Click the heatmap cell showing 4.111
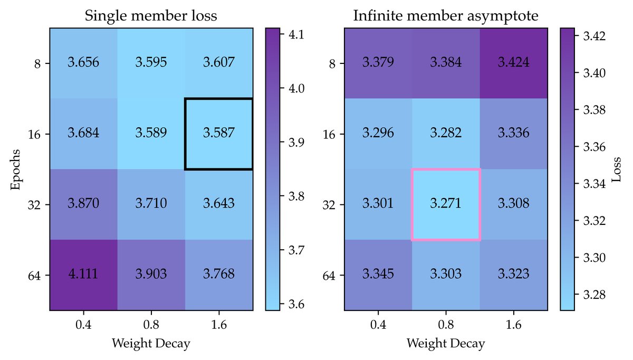(x=83, y=274)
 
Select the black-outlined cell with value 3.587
(x=219, y=134)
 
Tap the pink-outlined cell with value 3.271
(x=446, y=204)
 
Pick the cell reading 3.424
(x=514, y=63)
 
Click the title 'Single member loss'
(x=151, y=16)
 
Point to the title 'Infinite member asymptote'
(x=446, y=16)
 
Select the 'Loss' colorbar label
(x=617, y=168)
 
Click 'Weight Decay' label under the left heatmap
(x=151, y=344)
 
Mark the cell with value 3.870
(x=83, y=204)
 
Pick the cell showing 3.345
(x=378, y=274)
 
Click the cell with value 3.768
(x=219, y=274)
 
